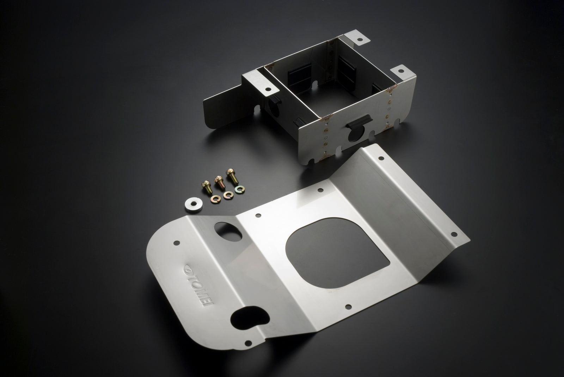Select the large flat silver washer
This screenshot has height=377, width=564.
[194, 205]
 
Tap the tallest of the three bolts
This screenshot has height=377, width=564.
[232, 176]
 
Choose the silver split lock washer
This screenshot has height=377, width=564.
[240, 189]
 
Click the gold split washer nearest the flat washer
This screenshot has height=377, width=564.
[215, 199]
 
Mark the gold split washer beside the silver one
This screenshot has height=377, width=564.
[228, 195]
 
